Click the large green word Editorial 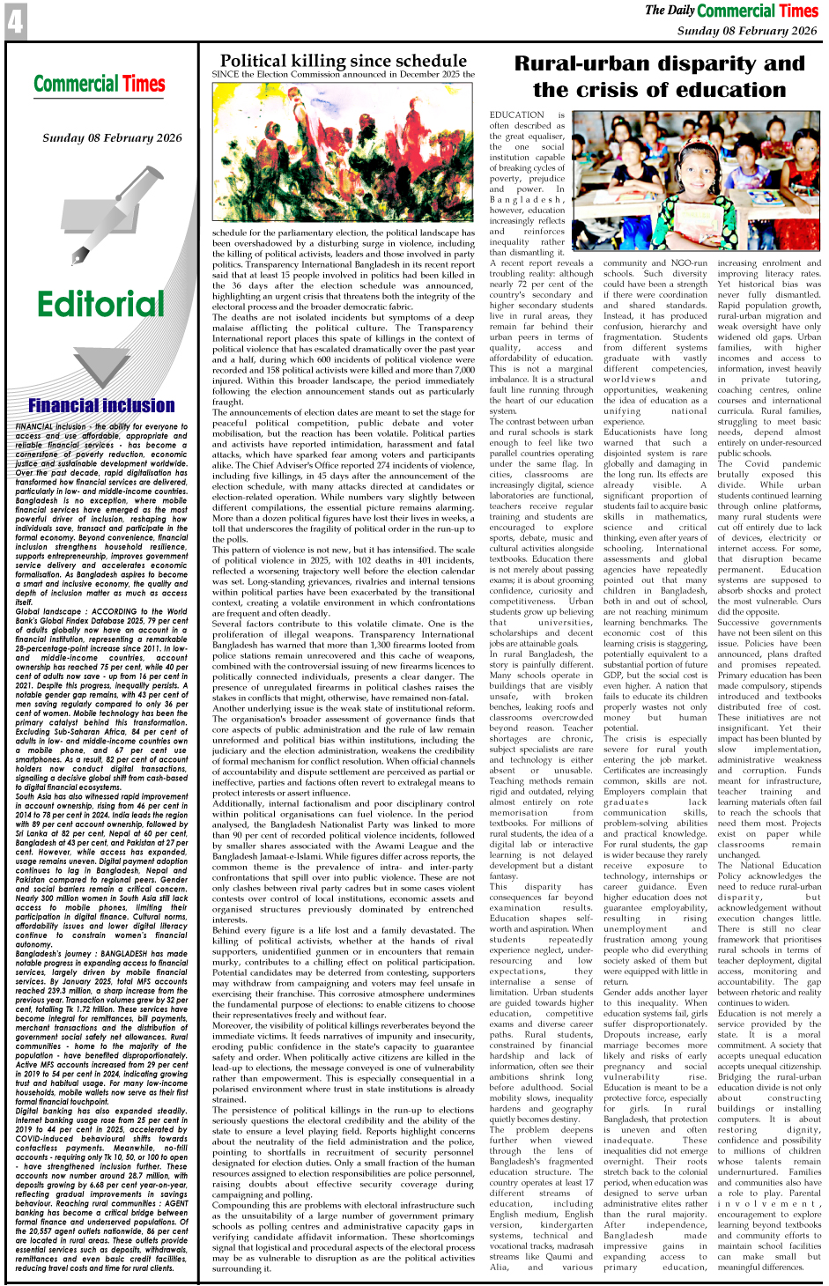100,304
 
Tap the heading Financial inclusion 101,405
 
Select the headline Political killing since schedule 344,61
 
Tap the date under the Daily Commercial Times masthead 747,31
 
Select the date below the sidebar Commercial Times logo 112,137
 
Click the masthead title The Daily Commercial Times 731,11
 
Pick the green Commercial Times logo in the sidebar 100,84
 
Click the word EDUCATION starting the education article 517,115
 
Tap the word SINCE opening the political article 225,75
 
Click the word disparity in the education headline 707,64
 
